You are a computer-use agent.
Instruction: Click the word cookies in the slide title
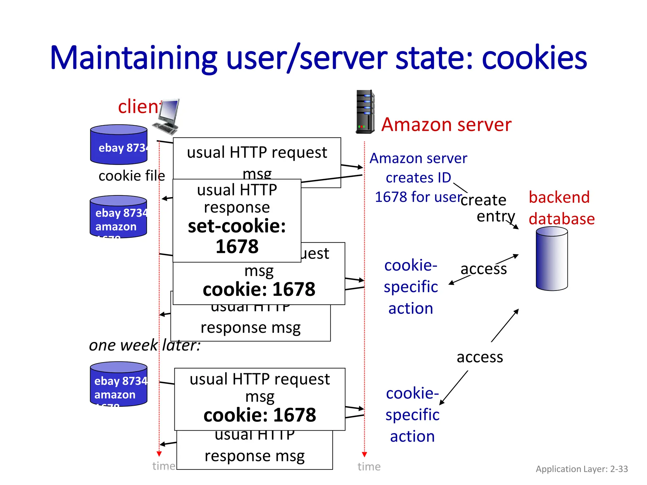pyautogui.click(x=534, y=58)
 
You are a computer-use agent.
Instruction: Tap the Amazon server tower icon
pyautogui.click(x=365, y=111)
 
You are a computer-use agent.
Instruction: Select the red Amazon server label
pyautogui.click(x=446, y=124)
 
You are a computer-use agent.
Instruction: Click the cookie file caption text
pyautogui.click(x=132, y=176)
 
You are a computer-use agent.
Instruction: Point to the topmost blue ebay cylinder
pyautogui.click(x=119, y=144)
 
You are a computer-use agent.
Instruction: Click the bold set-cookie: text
pyautogui.click(x=237, y=226)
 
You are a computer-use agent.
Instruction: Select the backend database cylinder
pyautogui.click(x=552, y=259)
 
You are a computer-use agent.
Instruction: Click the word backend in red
pyautogui.click(x=559, y=197)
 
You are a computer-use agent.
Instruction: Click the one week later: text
pyautogui.click(x=145, y=345)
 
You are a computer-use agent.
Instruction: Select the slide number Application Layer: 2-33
pyautogui.click(x=582, y=469)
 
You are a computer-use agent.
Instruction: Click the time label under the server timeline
pyautogui.click(x=369, y=466)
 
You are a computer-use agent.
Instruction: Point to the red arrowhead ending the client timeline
pyautogui.click(x=159, y=454)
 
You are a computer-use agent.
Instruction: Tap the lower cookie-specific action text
pyautogui.click(x=412, y=415)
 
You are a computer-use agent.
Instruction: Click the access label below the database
pyautogui.click(x=480, y=357)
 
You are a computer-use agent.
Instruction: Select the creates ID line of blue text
pyautogui.click(x=418, y=177)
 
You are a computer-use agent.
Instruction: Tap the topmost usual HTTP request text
pyautogui.click(x=257, y=152)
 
